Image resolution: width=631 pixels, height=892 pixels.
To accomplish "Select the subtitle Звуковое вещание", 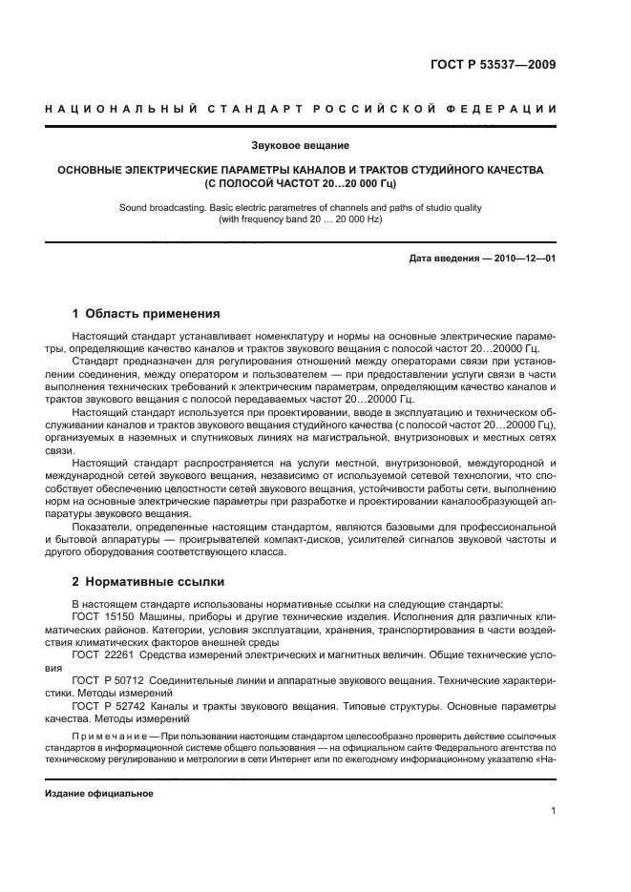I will coord(301,145).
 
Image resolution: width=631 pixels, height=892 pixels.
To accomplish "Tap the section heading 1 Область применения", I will coord(147,313).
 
